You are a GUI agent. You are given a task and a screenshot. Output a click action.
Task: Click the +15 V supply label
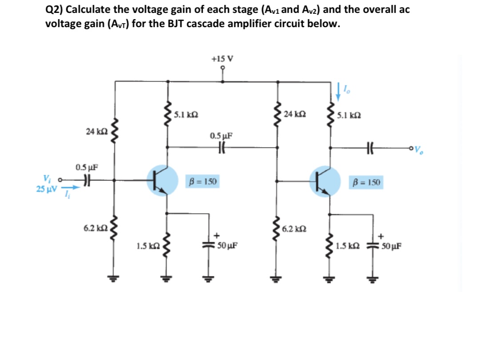click(222, 58)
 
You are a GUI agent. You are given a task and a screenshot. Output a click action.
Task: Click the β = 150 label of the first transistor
click(203, 182)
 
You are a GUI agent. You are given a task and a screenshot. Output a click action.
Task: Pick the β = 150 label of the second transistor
click(366, 182)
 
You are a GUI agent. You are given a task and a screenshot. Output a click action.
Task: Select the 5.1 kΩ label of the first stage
click(185, 114)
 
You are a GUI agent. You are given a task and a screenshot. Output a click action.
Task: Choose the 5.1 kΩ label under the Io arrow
click(348, 116)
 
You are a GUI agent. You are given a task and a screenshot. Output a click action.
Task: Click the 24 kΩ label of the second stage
click(294, 114)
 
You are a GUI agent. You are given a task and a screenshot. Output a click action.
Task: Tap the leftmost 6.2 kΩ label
click(94, 228)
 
